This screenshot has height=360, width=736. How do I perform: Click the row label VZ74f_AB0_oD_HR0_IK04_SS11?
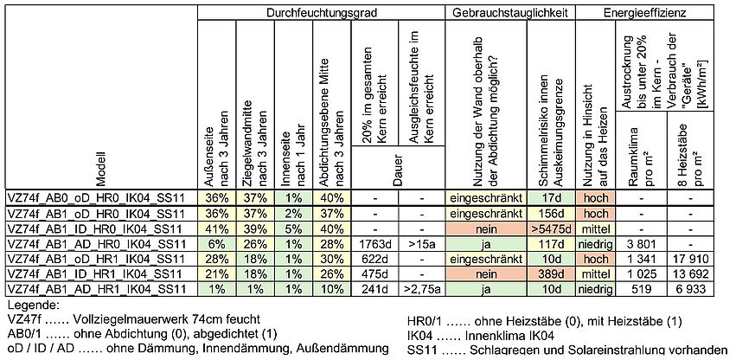(x=95, y=198)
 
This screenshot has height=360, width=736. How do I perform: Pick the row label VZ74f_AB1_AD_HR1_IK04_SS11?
(x=95, y=288)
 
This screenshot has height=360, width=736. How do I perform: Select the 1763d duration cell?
(x=374, y=243)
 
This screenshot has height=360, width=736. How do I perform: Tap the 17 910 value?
(x=693, y=258)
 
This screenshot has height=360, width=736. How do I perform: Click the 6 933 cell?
(x=693, y=288)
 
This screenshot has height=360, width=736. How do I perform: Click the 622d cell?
(x=374, y=258)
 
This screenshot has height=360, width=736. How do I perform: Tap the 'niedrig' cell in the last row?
(x=594, y=288)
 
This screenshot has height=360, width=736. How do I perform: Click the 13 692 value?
(x=693, y=273)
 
